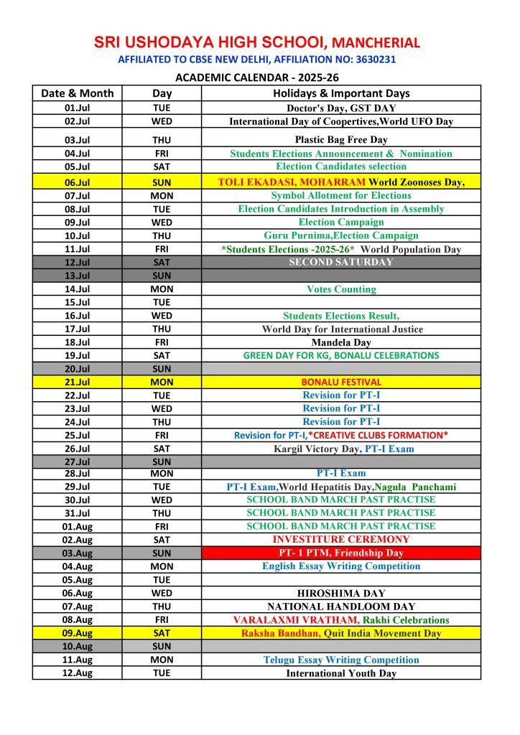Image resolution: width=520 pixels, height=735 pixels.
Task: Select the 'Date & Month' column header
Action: pos(77,93)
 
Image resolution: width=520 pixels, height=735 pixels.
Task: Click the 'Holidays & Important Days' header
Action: pos(341,93)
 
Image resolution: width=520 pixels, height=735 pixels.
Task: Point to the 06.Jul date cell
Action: pos(77,182)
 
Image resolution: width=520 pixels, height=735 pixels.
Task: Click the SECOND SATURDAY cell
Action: pos(341,262)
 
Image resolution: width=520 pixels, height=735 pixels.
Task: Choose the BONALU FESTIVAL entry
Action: pos(341,382)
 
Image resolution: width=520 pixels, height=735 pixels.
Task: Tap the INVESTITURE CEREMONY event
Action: pos(341,539)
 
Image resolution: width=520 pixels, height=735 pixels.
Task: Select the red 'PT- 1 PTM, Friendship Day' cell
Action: pos(341,553)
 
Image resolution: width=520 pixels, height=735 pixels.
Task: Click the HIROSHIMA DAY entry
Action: pos(341,593)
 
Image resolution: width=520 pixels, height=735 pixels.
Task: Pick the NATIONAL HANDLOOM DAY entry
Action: pos(341,607)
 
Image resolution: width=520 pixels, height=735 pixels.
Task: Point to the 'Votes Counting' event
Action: pos(341,289)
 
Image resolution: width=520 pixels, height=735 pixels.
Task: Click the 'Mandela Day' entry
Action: pos(341,342)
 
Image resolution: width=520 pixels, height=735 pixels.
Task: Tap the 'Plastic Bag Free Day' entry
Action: pos(341,140)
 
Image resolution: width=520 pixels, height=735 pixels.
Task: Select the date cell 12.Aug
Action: pos(77,673)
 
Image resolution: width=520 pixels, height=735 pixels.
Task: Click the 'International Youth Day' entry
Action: pos(341,673)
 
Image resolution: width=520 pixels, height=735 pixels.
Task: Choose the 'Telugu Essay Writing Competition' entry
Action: pos(341,660)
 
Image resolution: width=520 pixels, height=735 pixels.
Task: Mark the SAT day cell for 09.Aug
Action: pos(162,633)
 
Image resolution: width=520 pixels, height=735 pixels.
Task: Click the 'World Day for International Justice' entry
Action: pos(341,329)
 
